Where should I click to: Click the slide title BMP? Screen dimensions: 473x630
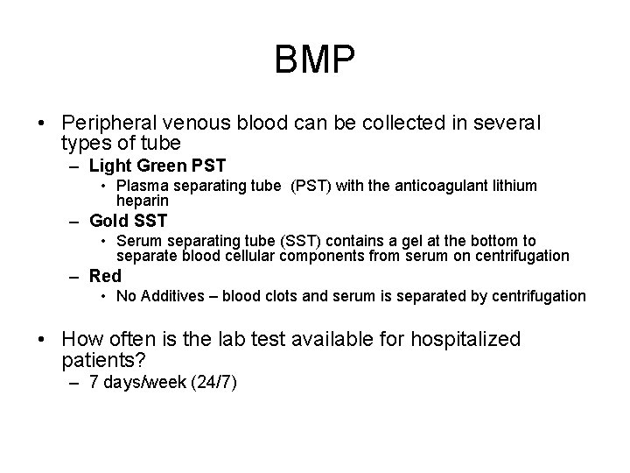315,60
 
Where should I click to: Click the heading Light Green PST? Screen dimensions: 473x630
157,165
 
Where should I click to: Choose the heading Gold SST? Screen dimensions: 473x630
128,221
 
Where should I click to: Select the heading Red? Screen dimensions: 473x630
106,277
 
